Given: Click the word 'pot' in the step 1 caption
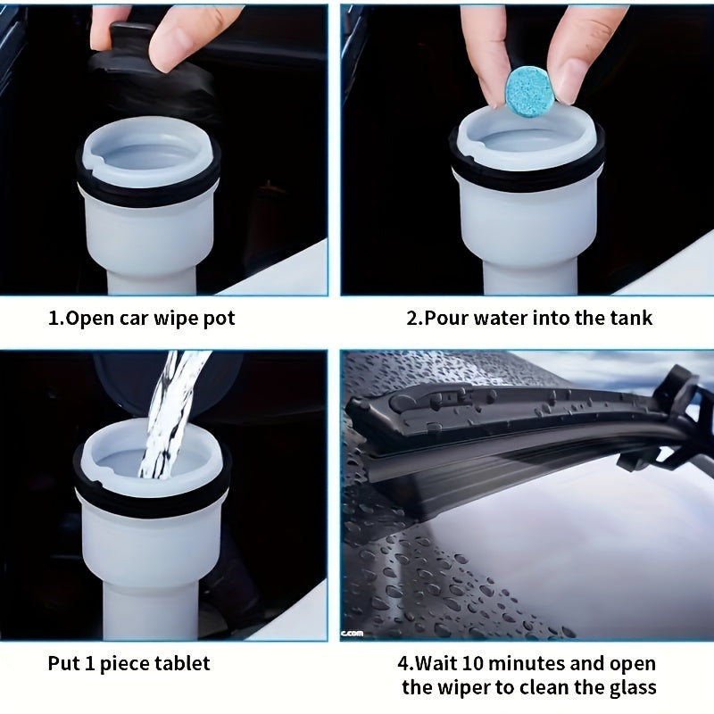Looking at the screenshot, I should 219,319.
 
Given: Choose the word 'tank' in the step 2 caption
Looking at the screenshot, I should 630,319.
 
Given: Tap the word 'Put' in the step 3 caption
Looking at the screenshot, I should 62,664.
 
